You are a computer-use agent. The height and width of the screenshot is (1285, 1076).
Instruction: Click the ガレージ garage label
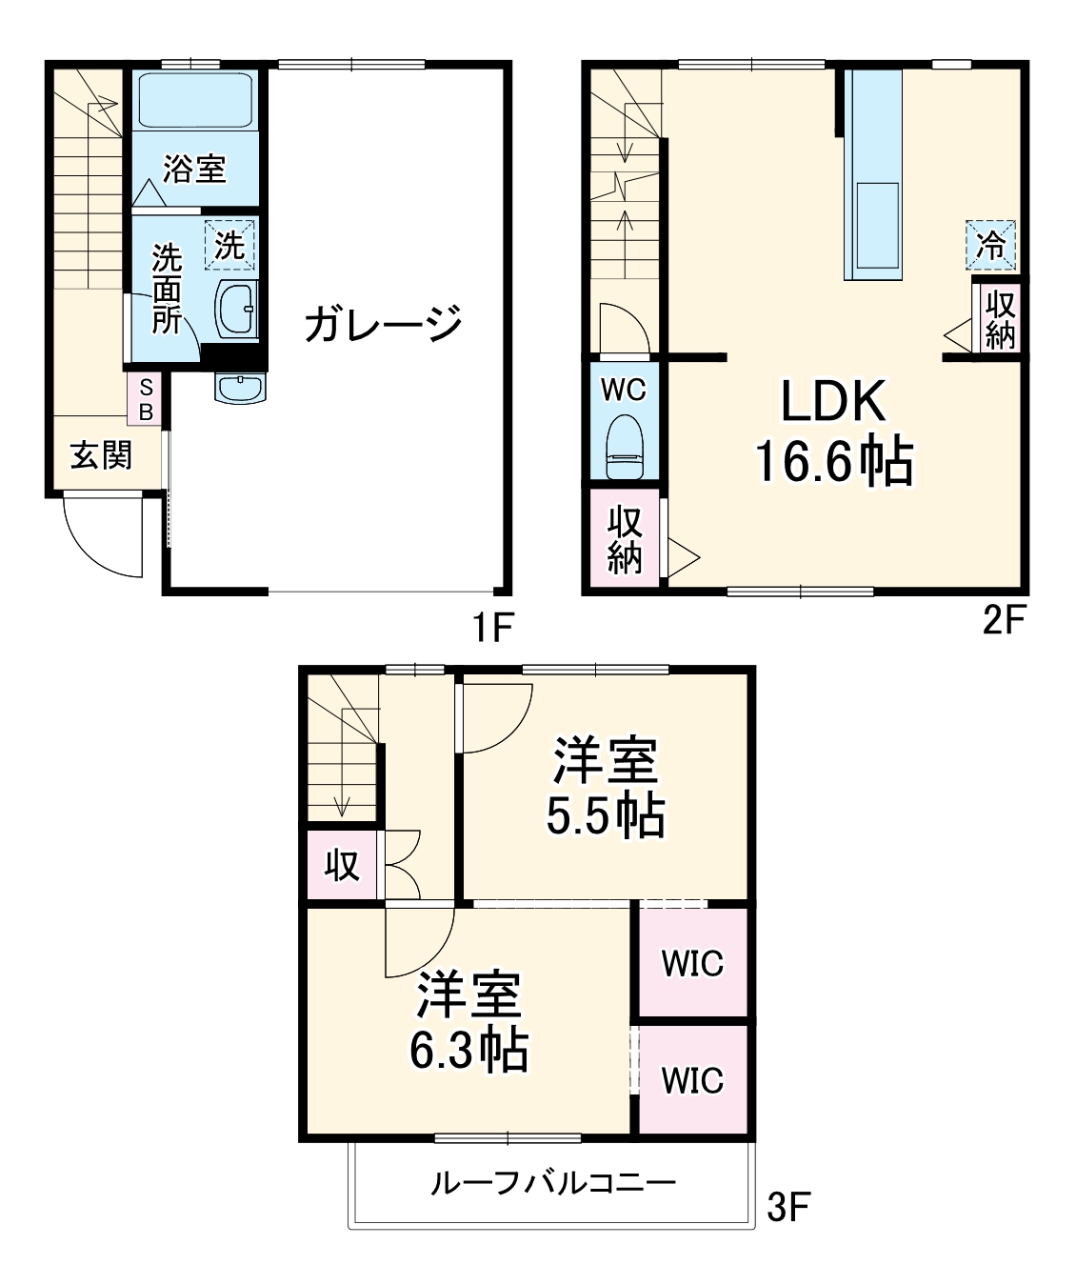pos(383,324)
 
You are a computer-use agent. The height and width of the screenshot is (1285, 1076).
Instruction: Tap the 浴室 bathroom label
pos(194,169)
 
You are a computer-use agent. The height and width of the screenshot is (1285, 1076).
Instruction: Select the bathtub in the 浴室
pos(194,100)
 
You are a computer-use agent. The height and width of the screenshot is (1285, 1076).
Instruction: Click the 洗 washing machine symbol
pos(229,245)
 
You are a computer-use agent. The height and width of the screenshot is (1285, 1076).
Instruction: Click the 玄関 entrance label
pos(101,455)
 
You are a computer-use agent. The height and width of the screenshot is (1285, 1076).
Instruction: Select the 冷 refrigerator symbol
pos(991,246)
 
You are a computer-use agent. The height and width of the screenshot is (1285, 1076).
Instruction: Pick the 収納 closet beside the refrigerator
pos(1000,319)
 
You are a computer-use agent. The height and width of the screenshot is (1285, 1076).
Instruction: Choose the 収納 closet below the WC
pos(625,539)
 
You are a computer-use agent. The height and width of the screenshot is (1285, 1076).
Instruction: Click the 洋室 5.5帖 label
pos(606,787)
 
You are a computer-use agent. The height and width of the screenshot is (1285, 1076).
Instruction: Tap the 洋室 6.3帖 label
pos(469,1021)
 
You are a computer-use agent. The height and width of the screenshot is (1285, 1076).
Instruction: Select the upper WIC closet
pos(692,963)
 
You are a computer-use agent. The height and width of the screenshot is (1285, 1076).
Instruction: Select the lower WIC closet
pos(692,1080)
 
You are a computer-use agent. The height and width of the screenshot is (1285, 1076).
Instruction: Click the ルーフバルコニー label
pos(553,1184)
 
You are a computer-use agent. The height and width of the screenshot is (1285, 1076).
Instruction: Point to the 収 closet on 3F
pos(342,865)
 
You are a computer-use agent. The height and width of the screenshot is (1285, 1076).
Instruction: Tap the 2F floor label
pos(1004,621)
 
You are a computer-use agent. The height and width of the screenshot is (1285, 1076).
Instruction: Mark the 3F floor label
pos(788,1208)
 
